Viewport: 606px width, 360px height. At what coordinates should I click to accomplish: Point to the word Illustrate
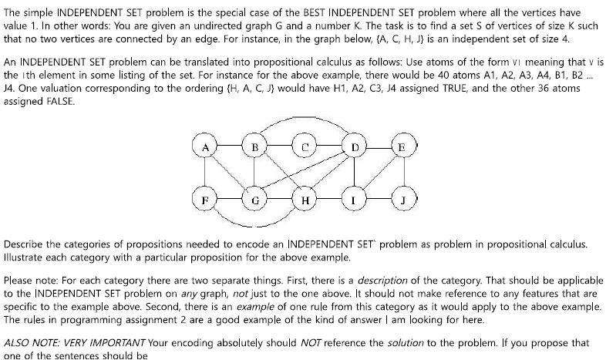(x=26, y=257)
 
